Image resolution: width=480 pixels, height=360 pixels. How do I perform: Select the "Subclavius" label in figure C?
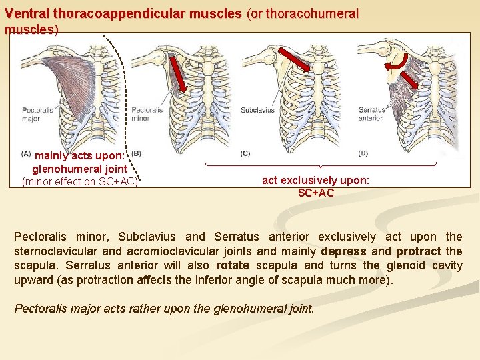coord(257,110)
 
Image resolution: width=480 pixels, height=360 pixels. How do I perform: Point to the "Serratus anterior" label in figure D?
coord(371,114)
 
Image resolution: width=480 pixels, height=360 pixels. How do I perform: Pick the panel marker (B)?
coord(136,153)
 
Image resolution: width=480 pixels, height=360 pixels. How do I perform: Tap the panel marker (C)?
coord(245,153)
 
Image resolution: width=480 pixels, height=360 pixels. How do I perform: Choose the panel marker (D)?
coord(363,153)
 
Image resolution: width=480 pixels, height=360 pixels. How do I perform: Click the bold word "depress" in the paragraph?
coord(343,251)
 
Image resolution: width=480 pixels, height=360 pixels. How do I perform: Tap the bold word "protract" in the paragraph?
coord(418,251)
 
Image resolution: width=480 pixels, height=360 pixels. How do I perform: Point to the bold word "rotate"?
coord(233,265)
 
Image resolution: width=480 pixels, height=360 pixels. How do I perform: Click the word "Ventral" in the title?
coord(27,13)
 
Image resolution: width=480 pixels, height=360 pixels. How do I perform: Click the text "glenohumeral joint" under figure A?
coord(79,169)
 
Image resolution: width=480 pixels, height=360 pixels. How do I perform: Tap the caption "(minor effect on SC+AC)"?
coord(79,181)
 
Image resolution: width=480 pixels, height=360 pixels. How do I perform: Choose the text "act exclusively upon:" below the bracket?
coord(315,180)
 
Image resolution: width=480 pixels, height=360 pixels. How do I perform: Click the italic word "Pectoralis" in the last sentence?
coord(43,309)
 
